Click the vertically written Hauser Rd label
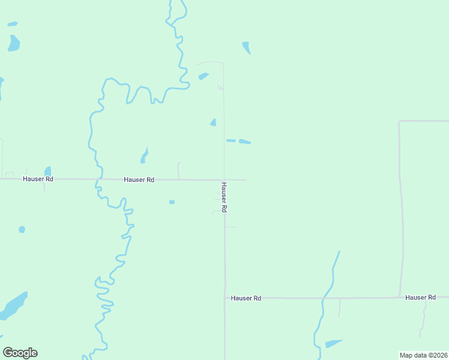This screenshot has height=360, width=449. [223, 197]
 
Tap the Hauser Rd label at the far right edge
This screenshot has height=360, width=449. [420, 297]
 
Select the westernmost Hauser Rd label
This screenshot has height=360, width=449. [38, 179]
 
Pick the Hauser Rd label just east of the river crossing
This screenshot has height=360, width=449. [139, 179]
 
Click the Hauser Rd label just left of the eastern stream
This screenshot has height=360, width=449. [246, 298]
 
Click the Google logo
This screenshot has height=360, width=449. [20, 353]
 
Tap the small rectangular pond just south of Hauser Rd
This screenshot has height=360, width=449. [172, 202]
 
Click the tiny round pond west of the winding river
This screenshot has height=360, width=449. [22, 229]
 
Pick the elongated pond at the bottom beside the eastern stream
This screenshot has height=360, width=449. [334, 344]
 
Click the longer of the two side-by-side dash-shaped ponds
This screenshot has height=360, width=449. [244, 142]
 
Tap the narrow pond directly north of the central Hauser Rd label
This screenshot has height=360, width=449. [144, 156]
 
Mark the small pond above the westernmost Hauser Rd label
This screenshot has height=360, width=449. [47, 172]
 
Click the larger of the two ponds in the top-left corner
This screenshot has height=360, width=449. [13, 43]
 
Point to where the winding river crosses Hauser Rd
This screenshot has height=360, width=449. [97, 179]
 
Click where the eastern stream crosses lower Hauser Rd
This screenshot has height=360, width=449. [324, 298]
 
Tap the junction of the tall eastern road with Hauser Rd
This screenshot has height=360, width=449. [400, 297]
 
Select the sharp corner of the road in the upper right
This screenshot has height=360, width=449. [400, 122]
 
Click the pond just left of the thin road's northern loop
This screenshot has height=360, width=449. [203, 76]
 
